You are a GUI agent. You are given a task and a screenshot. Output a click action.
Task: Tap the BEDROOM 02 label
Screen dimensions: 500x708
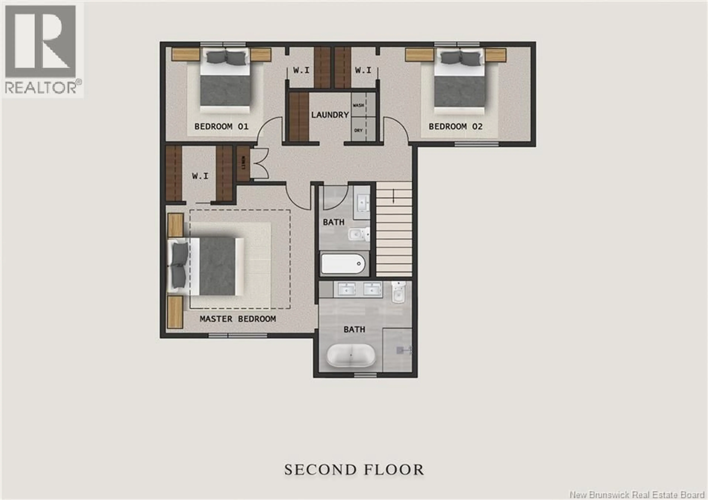point(455,127)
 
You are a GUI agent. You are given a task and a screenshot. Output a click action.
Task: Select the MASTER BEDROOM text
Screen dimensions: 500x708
point(237,319)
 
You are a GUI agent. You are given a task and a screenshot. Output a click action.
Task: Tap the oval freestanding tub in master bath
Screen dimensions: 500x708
point(351,355)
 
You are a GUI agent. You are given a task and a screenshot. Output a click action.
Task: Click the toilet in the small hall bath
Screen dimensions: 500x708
point(360,234)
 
